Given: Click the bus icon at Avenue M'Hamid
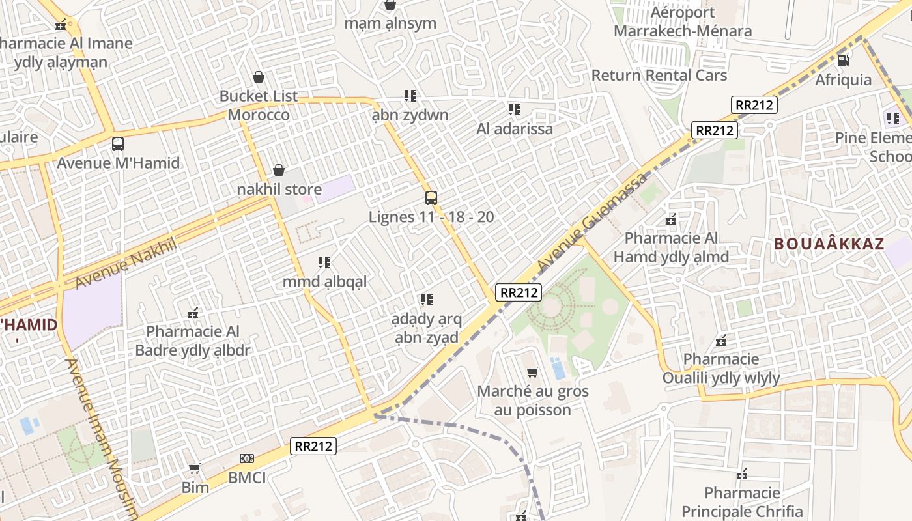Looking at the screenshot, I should point(118,144).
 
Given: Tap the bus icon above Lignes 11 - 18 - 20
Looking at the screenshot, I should point(431,198).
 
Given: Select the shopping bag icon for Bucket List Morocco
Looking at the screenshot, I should point(259,77).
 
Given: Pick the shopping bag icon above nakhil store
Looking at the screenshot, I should point(279,171).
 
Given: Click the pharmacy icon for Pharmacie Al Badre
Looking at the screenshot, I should point(193,313).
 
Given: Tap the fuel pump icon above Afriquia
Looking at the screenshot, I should point(843,61).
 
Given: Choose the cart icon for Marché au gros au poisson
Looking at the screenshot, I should point(532,373).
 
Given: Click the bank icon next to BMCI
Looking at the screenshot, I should point(246,458).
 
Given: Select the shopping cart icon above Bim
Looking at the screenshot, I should point(194,468).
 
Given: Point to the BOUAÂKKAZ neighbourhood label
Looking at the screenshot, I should point(829,245).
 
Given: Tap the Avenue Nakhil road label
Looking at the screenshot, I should point(126,264).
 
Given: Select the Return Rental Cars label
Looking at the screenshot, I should point(659,76).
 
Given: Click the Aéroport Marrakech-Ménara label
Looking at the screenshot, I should point(682,21).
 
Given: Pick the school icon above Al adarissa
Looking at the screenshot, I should point(515,109).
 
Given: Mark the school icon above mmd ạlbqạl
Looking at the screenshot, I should point(324,262).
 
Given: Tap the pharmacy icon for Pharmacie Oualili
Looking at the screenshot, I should point(721,341).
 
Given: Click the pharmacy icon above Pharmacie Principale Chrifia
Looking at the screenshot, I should point(741,474).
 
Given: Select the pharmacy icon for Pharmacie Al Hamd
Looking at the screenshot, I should point(671,219).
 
